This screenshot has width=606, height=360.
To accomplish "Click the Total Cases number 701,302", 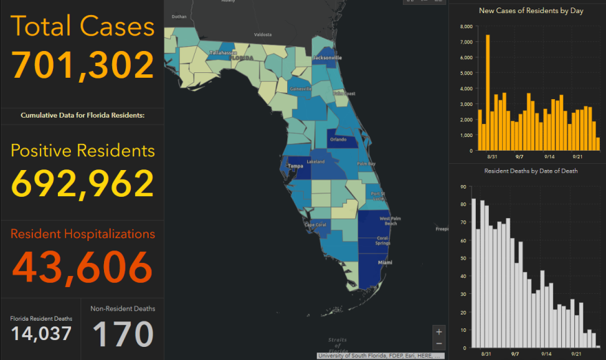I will click(x=83, y=65).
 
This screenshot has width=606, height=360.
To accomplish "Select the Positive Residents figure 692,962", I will click(x=83, y=183).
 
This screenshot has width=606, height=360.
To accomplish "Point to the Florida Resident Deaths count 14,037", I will click(x=41, y=334).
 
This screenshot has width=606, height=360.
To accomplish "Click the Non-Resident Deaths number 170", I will click(x=123, y=334).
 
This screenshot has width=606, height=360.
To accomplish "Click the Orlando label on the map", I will click(x=338, y=139).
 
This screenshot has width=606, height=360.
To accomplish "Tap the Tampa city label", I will click(x=295, y=166).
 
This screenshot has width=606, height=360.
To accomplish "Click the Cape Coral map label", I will click(x=316, y=224).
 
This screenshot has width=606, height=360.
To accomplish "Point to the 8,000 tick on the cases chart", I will click(x=466, y=27).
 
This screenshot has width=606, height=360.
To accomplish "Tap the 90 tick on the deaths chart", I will click(x=463, y=186).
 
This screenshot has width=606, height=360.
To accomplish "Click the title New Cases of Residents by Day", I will click(x=526, y=10).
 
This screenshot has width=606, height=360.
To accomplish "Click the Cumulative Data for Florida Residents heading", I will click(x=83, y=115).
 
